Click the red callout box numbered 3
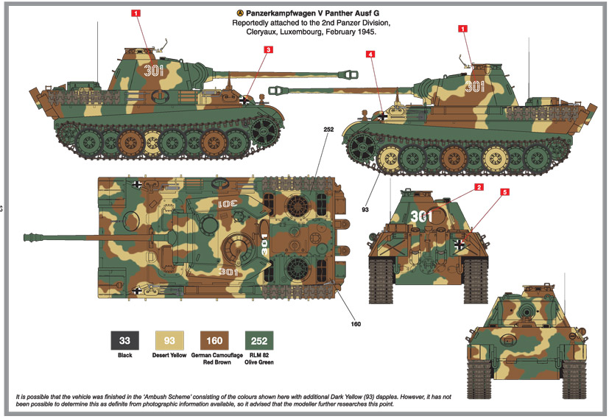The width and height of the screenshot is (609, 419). tap(269, 50)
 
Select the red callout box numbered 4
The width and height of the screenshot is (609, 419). tap(370, 54)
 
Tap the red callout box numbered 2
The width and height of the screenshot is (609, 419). tap(479, 187)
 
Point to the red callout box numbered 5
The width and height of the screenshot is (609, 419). tap(504, 192)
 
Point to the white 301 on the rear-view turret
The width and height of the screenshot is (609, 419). tap(421, 216)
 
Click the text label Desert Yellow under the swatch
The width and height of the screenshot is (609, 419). tap(170, 356)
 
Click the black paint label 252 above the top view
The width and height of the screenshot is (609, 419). tap(328, 130)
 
